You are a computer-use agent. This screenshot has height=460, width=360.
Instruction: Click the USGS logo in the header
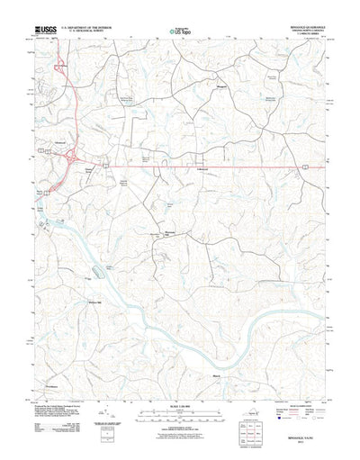tap(42, 30)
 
